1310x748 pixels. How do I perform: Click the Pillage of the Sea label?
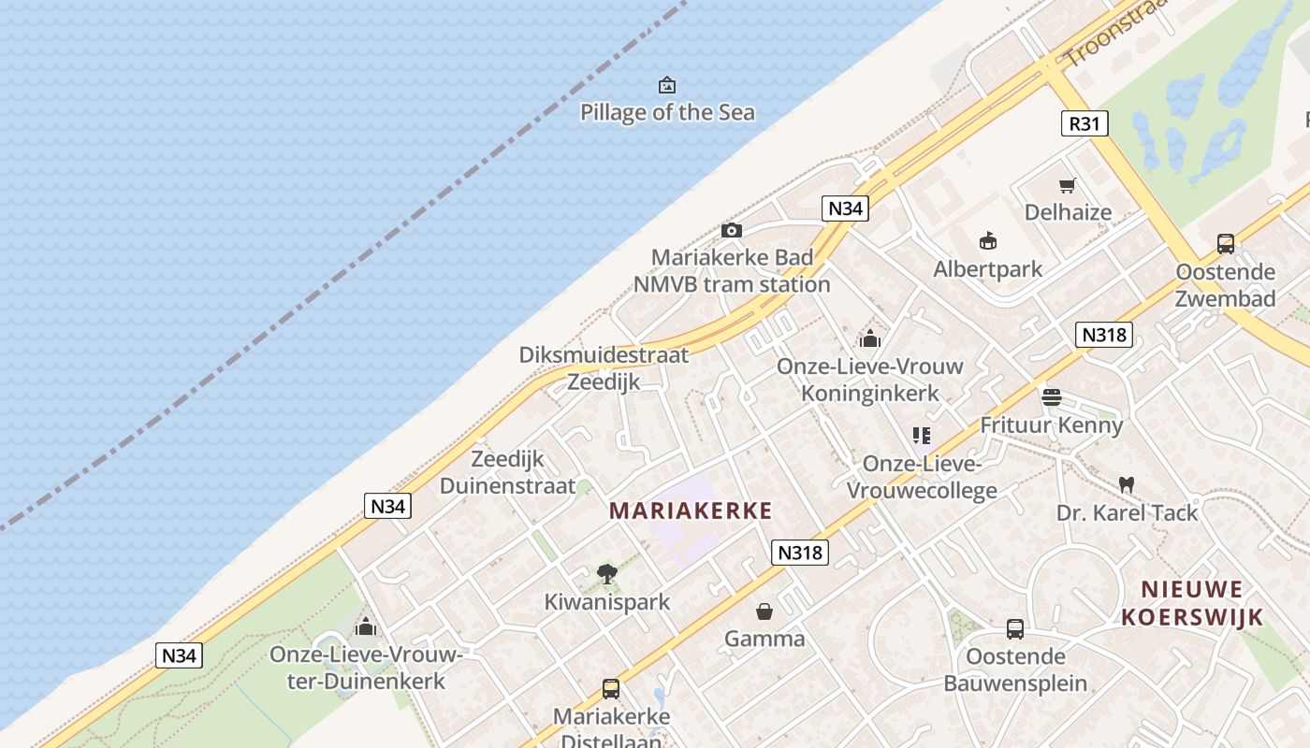click(x=667, y=113)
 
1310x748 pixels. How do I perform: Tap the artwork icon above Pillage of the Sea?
click(x=667, y=85)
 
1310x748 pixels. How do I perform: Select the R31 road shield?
click(x=1085, y=123)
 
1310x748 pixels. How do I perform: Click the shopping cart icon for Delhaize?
click(x=1068, y=185)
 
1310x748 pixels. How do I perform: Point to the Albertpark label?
click(x=988, y=270)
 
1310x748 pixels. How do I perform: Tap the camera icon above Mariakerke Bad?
click(x=732, y=230)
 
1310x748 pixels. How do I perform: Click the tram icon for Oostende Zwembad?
click(x=1226, y=244)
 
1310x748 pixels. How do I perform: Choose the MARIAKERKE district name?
click(x=691, y=511)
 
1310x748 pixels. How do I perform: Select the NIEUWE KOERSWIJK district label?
click(x=1193, y=603)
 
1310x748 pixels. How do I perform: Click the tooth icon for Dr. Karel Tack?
click(x=1127, y=484)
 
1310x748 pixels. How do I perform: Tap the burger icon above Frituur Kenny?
click(x=1052, y=397)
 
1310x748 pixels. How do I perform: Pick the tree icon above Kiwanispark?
click(x=607, y=573)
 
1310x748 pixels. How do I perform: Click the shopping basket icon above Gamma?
click(x=764, y=611)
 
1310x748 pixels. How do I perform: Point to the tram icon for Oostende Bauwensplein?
click(x=1015, y=628)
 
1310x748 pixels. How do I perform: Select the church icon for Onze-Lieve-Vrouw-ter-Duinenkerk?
click(x=366, y=626)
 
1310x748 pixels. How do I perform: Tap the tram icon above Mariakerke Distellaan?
click(x=611, y=689)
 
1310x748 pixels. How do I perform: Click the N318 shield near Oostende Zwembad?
click(x=1104, y=335)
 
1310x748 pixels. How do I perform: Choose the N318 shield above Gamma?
click(x=801, y=553)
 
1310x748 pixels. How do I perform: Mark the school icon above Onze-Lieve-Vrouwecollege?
click(x=922, y=436)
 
